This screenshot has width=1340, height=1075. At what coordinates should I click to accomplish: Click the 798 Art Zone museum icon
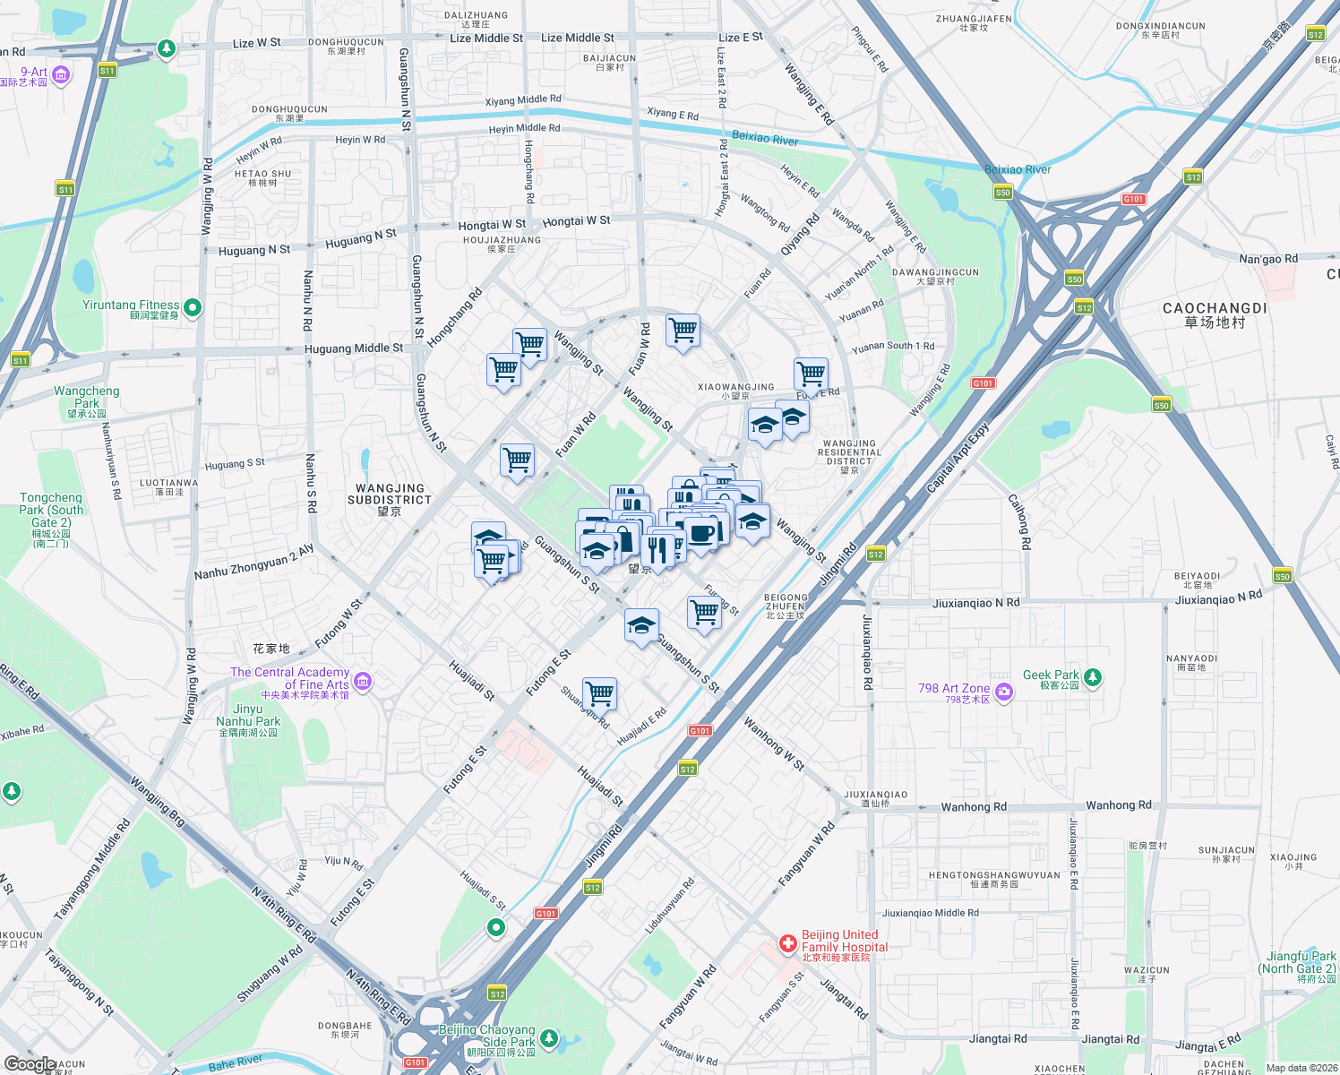coord(1003,692)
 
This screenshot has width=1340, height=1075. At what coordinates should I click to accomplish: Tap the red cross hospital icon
coord(787,943)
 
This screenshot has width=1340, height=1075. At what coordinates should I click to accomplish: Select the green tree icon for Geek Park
coord(1092,677)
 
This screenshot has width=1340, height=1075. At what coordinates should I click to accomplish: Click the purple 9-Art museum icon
coord(61,75)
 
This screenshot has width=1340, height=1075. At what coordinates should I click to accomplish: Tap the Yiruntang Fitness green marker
coord(192,308)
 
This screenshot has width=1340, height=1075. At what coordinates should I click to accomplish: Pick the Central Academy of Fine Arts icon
coord(362,682)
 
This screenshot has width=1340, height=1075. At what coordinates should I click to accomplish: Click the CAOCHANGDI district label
coord(1215,314)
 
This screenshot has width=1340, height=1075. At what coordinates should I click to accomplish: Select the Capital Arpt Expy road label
coord(957,458)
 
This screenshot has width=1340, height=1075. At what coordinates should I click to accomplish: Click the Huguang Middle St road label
coord(353,348)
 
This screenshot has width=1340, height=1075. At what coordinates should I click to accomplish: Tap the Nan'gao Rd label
coord(1267,259)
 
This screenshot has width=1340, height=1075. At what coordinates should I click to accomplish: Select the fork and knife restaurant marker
coord(659,550)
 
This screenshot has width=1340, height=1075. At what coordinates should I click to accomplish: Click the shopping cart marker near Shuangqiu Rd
coord(599,692)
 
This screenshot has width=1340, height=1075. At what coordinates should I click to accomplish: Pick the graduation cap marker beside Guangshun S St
coord(641,625)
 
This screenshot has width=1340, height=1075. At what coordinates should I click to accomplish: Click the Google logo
coord(29,1064)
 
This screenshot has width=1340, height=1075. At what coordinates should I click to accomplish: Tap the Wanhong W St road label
coord(774,744)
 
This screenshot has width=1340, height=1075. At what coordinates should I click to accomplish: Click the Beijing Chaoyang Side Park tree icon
coord(548,1039)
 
